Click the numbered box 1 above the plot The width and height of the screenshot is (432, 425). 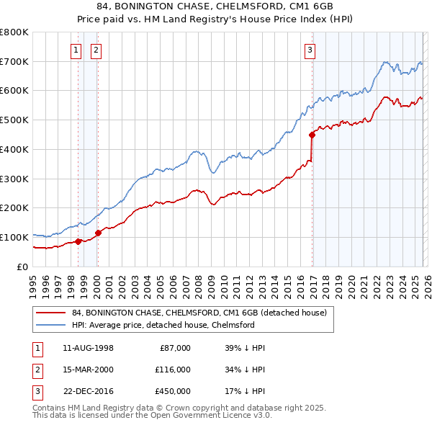click(76, 50)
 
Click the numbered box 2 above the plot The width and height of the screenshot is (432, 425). click(96, 50)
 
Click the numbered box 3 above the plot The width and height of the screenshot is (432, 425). click(310, 50)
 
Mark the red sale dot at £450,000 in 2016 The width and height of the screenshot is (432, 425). click(312, 135)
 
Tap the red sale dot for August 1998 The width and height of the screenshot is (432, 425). click(78, 241)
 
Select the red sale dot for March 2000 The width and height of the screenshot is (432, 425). click(98, 233)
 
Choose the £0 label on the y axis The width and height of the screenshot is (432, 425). click(22, 267)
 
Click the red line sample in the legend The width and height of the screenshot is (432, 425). click(50, 313)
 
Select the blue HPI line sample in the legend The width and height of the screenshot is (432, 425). click(50, 325)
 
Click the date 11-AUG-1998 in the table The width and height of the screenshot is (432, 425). click(89, 348)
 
